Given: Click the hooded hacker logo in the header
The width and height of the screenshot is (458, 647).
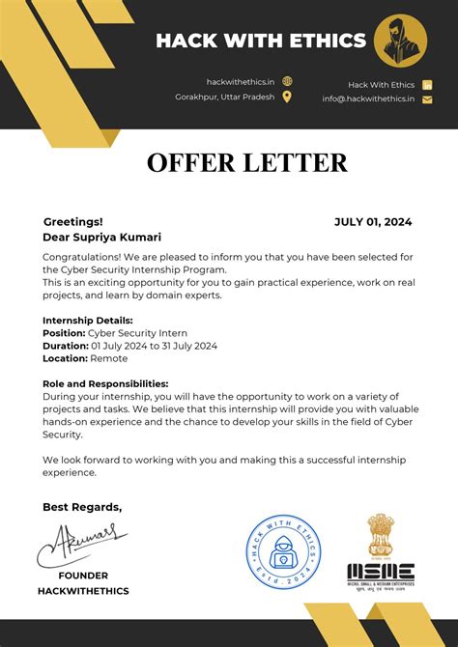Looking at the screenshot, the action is click(400, 41).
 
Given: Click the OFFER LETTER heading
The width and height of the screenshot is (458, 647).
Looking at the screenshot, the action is click(246, 161).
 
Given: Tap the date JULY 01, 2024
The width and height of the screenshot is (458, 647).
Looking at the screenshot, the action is click(373, 221).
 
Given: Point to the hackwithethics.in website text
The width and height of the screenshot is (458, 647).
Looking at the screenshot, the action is click(241, 82).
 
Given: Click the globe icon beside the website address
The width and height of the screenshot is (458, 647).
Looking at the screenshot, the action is click(287, 82).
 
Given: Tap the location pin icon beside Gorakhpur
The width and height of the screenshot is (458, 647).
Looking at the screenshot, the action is click(287, 97).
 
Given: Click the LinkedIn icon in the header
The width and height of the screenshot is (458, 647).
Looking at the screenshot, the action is click(428, 85).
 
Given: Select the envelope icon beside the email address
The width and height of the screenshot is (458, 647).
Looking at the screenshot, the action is click(428, 98).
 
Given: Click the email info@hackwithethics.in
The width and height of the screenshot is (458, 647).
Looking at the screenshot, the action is click(368, 98).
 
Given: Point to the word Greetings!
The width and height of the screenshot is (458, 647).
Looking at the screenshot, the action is click(72, 221).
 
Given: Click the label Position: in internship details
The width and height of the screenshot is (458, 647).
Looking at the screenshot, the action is click(64, 332).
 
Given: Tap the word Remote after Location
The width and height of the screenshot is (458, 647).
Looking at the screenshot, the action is click(109, 357).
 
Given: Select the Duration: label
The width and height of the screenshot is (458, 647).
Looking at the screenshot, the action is click(65, 345).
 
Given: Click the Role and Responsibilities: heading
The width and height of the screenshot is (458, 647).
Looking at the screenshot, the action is click(105, 383).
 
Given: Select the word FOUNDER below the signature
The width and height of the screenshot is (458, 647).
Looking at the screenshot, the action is click(83, 575).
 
